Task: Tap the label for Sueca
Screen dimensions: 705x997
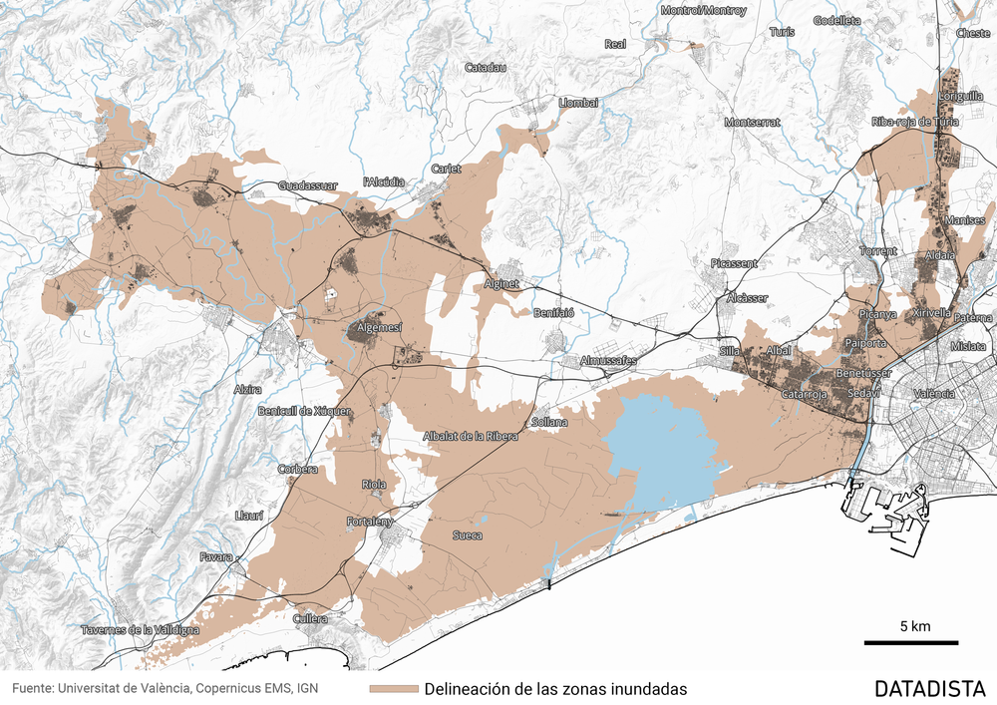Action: [x=468, y=535]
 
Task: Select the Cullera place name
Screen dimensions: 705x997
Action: [x=310, y=618]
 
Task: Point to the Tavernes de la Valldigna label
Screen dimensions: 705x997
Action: [x=140, y=629]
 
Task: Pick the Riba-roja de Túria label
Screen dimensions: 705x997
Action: [x=915, y=122]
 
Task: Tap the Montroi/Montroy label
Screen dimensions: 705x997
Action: [x=703, y=10]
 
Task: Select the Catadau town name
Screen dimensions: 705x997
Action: [x=487, y=68]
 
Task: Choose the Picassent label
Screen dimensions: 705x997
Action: [x=734, y=263]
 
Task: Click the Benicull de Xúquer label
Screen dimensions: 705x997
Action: [x=305, y=411]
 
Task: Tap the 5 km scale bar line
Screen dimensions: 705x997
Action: [x=910, y=643]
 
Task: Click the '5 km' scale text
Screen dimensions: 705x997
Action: [x=914, y=626]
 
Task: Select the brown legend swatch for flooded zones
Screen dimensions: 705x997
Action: [x=392, y=689]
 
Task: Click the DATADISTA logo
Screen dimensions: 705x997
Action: [x=929, y=688]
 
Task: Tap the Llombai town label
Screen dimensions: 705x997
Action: [x=579, y=103]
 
